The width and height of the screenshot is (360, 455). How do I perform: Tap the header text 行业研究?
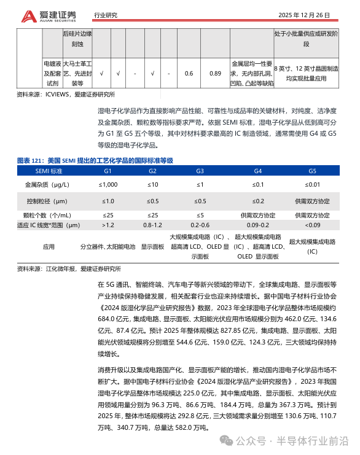[106, 15]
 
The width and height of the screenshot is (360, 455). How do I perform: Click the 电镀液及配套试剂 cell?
[52, 73]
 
